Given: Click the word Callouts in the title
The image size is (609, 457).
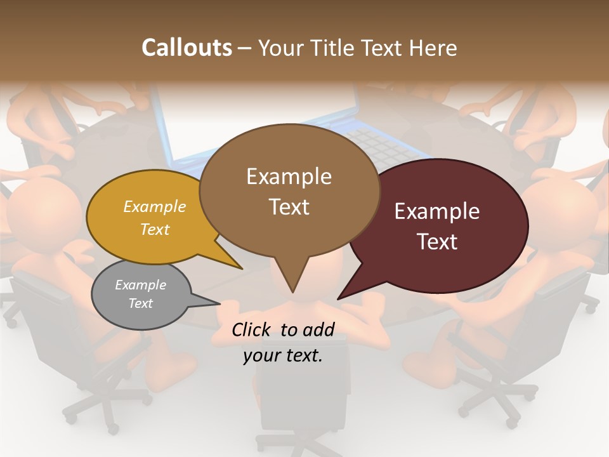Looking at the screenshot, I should point(187,48).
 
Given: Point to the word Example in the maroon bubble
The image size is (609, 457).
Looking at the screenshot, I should point(436,211).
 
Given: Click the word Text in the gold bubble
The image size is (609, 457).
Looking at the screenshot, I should point(154,230).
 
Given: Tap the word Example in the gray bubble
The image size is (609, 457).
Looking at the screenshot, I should point(140,285).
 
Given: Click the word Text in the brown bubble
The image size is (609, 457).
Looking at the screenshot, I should point(289,207).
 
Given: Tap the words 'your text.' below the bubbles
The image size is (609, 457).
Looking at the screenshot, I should point(283,356).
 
